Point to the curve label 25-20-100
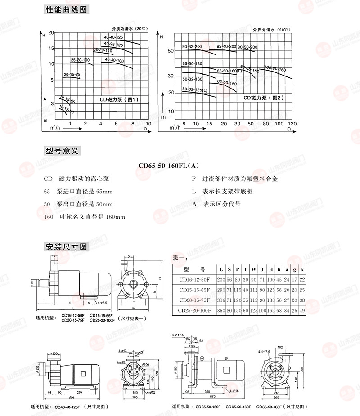tap(80, 60)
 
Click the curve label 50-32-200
tap(192, 47)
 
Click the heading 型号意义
tap(62, 151)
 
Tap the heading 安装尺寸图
tap(67, 246)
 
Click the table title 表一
tap(180, 258)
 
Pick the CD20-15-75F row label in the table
tap(195, 300)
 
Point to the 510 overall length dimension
tap(67, 398)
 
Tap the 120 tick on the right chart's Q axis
tap(292, 123)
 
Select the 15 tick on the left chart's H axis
tap(51, 48)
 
